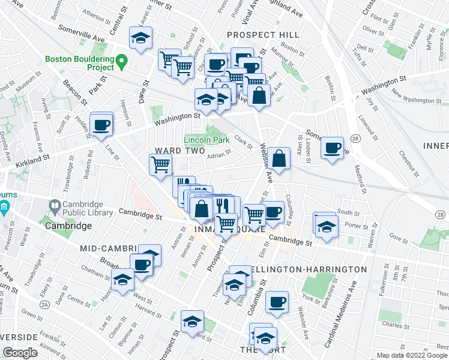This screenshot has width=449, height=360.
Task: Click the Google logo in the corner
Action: tap(20, 352)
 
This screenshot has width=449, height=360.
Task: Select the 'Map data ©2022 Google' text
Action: tap(412, 355)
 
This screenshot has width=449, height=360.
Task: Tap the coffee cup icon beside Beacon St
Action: tap(101, 124)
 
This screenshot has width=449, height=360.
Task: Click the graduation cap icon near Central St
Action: tap(141, 39)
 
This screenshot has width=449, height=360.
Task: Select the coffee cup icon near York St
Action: tap(277, 302)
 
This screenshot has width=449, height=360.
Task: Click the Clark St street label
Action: tap(244, 142)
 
